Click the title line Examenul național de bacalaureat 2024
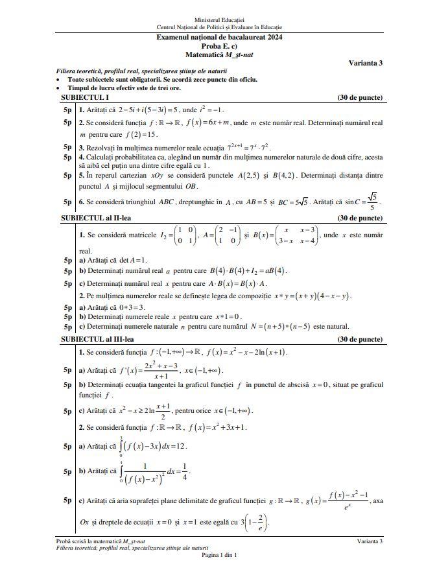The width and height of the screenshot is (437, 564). tap(218, 38)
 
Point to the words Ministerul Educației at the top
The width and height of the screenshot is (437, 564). tap(219, 21)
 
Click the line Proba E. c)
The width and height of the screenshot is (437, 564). tap(219, 46)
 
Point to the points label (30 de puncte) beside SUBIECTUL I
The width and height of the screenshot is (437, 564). tap(360, 98)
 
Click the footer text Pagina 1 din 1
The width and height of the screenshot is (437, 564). tap(219, 555)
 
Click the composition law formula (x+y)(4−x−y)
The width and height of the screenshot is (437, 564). tap(314, 296)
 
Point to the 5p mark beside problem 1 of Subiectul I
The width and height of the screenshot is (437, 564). tap(67, 110)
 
